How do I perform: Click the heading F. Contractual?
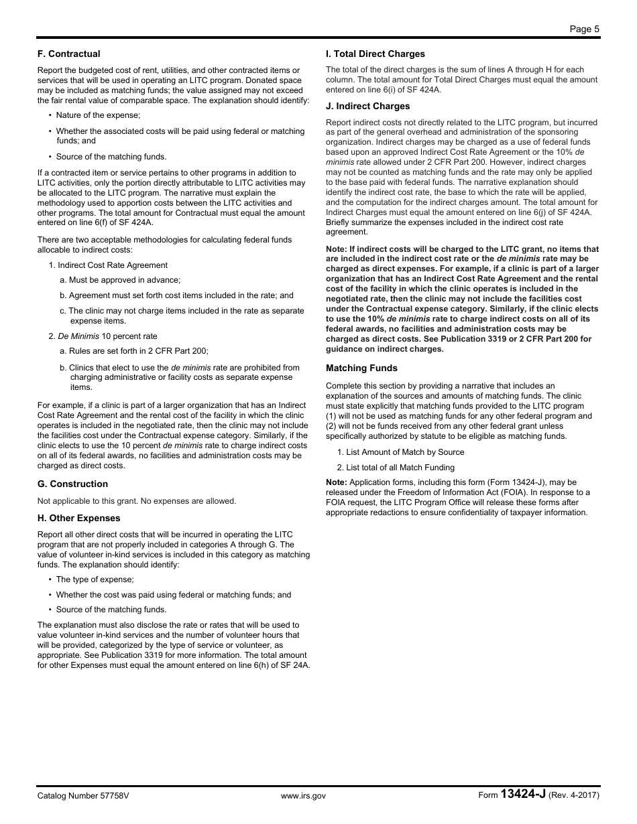point(68,54)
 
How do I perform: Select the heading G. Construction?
point(72,484)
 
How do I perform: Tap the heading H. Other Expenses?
point(78,518)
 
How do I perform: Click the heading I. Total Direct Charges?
point(375,54)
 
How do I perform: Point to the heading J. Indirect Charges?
point(367,106)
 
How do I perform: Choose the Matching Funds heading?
point(361,368)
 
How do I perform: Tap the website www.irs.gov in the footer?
point(303,796)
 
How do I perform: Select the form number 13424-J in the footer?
point(523,795)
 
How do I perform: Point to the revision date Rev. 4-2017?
point(574,796)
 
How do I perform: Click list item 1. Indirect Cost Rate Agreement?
point(108,265)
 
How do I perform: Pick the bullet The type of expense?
point(95,579)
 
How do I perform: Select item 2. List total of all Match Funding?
point(396,468)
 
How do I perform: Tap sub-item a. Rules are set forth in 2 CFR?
point(133,350)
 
